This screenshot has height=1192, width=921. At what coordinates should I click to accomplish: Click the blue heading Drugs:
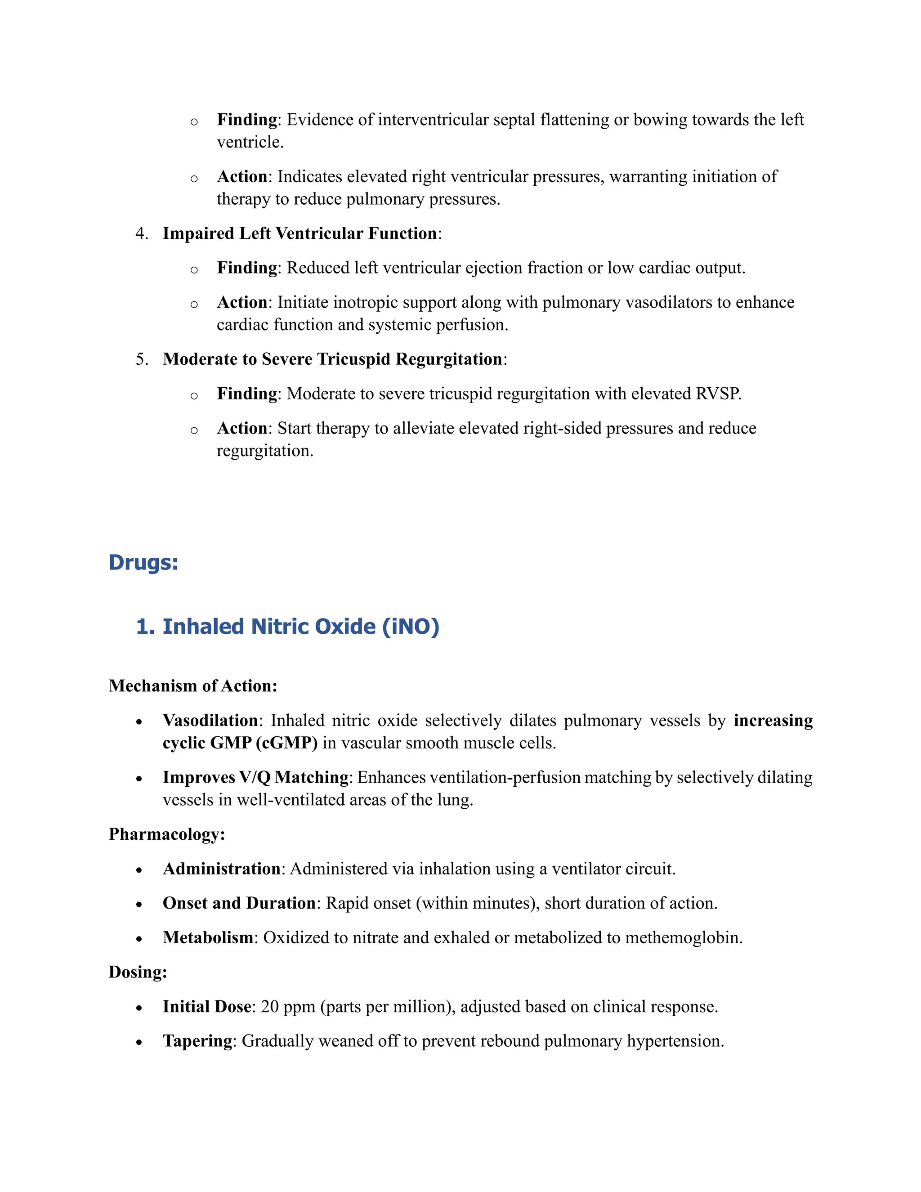click(143, 563)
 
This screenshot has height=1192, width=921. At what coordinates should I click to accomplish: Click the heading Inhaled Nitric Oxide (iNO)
click(287, 627)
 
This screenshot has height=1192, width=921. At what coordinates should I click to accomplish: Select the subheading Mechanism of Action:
click(192, 686)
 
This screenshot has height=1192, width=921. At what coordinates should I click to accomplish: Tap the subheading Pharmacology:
click(166, 834)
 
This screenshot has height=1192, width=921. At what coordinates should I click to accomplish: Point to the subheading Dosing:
click(138, 972)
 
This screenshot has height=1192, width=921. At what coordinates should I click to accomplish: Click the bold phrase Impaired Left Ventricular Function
click(300, 233)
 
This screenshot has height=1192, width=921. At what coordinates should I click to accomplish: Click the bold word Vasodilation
click(210, 721)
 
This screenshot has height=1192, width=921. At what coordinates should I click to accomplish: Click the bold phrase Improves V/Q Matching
click(255, 777)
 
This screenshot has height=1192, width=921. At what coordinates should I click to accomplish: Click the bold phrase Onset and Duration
click(239, 903)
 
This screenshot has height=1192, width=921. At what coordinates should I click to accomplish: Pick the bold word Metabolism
click(208, 938)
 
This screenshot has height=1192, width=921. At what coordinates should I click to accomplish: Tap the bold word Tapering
click(197, 1041)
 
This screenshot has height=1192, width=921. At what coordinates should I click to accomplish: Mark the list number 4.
click(141, 233)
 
